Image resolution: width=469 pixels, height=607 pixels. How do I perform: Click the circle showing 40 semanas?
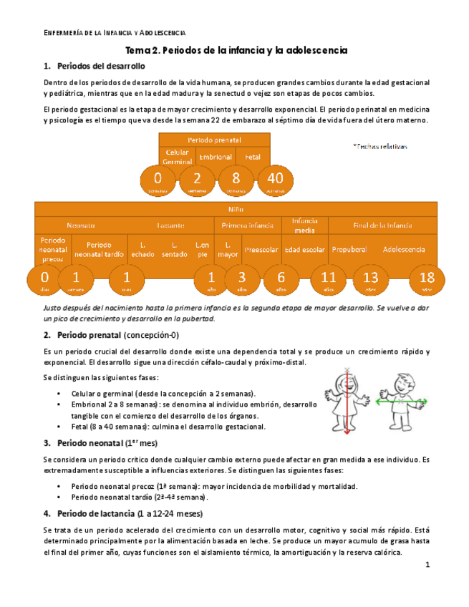(275, 180)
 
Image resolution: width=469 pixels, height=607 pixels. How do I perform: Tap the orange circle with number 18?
(427, 279)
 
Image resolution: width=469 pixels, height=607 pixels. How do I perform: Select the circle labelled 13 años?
(370, 279)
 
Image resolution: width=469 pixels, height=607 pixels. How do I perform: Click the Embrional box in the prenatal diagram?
(216, 156)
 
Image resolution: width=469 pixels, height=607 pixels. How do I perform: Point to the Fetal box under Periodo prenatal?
(253, 156)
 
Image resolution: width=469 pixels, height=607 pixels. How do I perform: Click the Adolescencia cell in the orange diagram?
(404, 250)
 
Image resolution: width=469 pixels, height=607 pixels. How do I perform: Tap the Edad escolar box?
(304, 250)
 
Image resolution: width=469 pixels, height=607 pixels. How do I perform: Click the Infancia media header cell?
(304, 225)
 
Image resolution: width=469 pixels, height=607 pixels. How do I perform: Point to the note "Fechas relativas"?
(380, 146)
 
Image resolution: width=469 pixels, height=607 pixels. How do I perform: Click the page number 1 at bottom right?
(427, 565)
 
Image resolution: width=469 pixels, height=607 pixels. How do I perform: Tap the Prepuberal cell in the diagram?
(349, 250)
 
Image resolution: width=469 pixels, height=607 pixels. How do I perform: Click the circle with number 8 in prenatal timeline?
(236, 180)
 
